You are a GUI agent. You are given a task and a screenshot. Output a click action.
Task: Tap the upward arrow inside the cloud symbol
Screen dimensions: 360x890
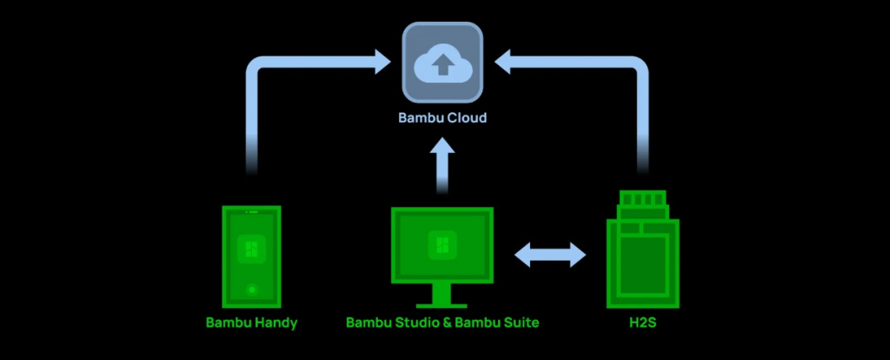pyautogui.click(x=442, y=63)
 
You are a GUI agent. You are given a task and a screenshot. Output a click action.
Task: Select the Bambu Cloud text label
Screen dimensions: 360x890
pyautogui.click(x=442, y=117)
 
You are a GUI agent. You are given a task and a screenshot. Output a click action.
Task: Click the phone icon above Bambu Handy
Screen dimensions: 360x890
pyautogui.click(x=252, y=257)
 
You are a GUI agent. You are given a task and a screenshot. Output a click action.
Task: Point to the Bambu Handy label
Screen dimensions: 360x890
pyautogui.click(x=252, y=323)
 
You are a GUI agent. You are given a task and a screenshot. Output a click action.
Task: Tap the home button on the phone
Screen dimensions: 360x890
pyautogui.click(x=252, y=289)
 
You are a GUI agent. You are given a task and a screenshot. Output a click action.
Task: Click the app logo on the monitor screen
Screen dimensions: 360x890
pyautogui.click(x=442, y=246)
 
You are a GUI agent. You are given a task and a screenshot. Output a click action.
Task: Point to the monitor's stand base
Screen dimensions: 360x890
pyautogui.click(x=442, y=304)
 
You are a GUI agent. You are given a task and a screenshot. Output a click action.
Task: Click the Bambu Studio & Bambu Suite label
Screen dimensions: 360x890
pyautogui.click(x=442, y=323)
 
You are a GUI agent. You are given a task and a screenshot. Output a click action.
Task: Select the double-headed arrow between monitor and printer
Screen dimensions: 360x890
pyautogui.click(x=550, y=255)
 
